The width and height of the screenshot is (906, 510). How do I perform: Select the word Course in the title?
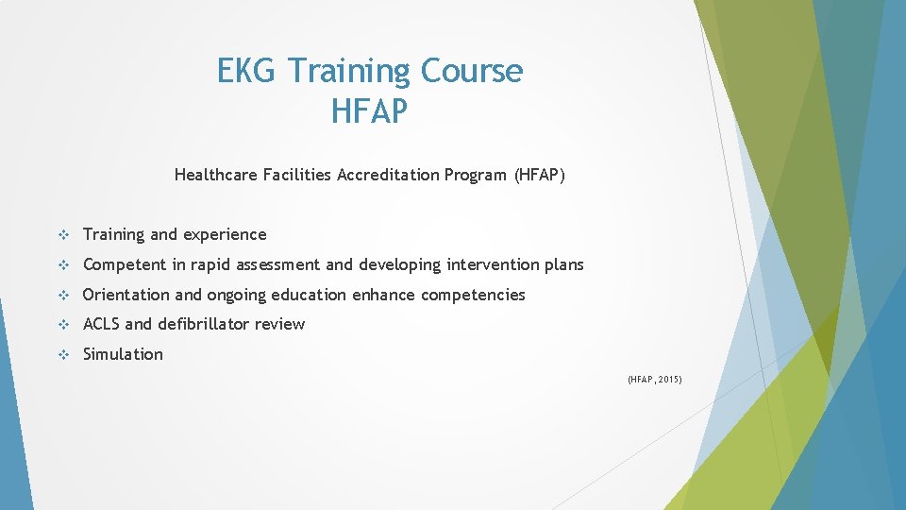point(472,71)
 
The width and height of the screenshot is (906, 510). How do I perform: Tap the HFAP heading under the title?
point(370,111)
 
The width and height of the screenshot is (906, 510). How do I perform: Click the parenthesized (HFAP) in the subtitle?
point(539,175)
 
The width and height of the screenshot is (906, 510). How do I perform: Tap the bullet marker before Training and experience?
point(63,234)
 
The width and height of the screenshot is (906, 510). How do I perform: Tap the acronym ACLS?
point(101,324)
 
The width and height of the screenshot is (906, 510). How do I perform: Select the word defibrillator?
point(206,324)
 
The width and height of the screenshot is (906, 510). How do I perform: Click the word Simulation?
point(123,354)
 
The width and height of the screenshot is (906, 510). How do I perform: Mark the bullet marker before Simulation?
point(63,354)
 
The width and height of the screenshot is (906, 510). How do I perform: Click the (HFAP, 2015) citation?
point(654,380)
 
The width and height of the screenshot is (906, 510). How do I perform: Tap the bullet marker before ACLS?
point(63,324)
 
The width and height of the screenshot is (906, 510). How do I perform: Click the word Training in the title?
point(349,71)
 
